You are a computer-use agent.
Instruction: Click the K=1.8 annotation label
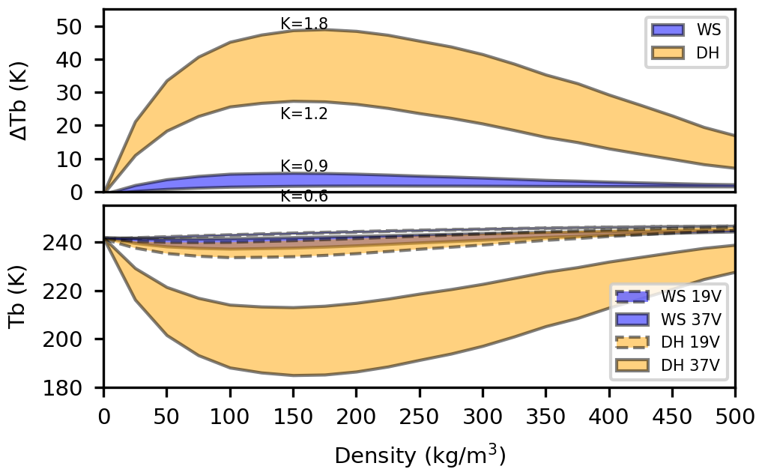(303, 24)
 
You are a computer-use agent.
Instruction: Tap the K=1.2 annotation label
(303, 115)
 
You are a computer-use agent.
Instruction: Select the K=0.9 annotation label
(303, 166)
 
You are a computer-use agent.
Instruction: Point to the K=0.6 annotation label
(303, 196)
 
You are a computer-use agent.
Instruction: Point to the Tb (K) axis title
(21, 297)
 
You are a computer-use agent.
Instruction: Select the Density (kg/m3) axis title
(420, 455)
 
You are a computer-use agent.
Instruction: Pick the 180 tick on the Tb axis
(76, 388)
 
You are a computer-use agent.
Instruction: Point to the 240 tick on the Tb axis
(76, 243)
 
